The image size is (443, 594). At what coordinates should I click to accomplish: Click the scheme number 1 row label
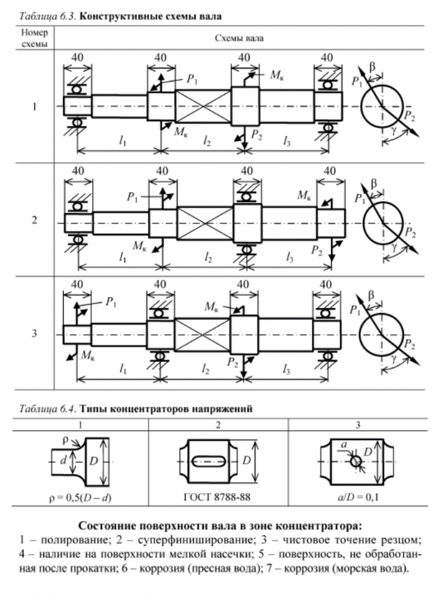coord(34,108)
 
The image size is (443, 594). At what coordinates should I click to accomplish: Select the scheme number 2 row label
coord(34,221)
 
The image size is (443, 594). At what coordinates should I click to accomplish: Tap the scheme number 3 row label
coord(34,334)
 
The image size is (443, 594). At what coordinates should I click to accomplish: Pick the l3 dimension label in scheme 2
coord(289,257)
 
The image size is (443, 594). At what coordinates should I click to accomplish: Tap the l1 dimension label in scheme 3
coord(122,369)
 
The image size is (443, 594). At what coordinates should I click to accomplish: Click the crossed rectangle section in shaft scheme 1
coord(203,107)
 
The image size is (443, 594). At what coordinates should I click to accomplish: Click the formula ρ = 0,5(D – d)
coord(81,495)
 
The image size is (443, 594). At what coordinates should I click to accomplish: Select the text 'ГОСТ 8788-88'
coord(218,495)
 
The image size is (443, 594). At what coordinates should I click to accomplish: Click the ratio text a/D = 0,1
coord(355,495)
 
